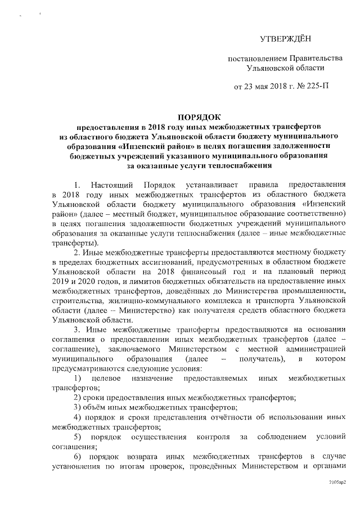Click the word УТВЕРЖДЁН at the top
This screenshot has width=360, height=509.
(286, 39)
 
